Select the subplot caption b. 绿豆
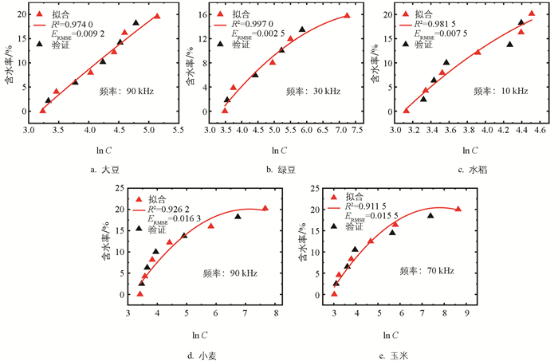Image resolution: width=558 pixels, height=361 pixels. click(x=283, y=168)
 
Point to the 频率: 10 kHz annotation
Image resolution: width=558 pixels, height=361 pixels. click(x=501, y=92)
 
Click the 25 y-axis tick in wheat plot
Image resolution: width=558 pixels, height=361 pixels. click(x=120, y=188)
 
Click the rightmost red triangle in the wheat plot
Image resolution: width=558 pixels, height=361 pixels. click(x=265, y=209)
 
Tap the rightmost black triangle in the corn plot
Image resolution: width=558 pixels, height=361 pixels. click(x=430, y=216)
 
